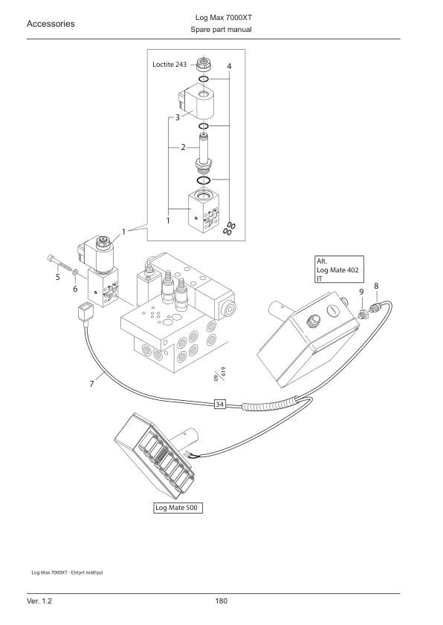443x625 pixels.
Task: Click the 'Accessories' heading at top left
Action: click(x=51, y=24)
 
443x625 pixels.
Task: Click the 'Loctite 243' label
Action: click(x=169, y=64)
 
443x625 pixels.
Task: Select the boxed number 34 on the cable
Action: click(x=219, y=405)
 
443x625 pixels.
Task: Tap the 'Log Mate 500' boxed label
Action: click(x=178, y=508)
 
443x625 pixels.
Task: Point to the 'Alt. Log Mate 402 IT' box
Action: click(x=339, y=269)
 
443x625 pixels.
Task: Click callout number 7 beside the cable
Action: click(x=91, y=384)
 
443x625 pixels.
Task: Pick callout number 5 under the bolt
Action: click(x=58, y=277)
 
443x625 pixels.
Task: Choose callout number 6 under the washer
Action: click(x=75, y=289)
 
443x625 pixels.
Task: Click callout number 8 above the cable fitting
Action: click(x=376, y=286)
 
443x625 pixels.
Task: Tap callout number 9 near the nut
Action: click(x=361, y=292)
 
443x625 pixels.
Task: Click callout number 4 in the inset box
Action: click(x=229, y=66)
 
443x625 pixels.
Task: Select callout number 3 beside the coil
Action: click(x=178, y=117)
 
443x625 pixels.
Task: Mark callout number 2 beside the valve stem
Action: click(x=183, y=148)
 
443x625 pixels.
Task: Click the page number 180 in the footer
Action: click(x=221, y=601)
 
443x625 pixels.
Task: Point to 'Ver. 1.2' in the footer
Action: click(x=39, y=601)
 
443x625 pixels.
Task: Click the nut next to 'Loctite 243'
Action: click(x=203, y=64)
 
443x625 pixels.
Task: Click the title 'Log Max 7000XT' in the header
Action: click(x=224, y=18)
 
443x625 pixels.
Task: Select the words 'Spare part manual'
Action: click(x=221, y=30)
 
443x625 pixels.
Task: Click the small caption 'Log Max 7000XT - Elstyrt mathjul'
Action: click(x=67, y=573)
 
